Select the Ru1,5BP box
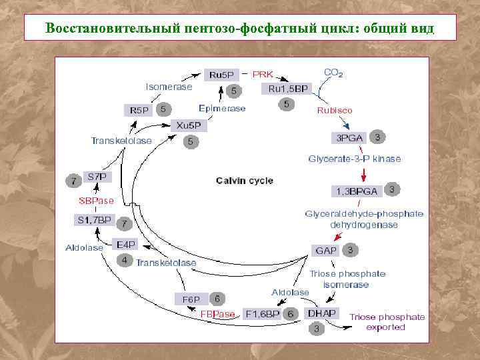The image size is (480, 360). [287, 89]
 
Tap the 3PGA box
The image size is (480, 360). [349, 138]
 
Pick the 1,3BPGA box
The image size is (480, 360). [357, 191]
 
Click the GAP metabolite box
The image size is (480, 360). [326, 251]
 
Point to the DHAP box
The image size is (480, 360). [321, 313]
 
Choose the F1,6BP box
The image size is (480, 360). [263, 313]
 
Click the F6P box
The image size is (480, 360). [191, 299]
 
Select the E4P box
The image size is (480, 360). [126, 244]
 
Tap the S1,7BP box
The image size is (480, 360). [94, 219]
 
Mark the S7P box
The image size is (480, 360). [97, 177]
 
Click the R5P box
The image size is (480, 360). [139, 110]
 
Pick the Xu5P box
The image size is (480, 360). [189, 125]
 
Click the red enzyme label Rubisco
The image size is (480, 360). [335, 110]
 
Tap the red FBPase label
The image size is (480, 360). [218, 313]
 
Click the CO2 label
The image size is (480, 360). [333, 73]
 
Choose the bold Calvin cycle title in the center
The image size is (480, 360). [245, 181]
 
